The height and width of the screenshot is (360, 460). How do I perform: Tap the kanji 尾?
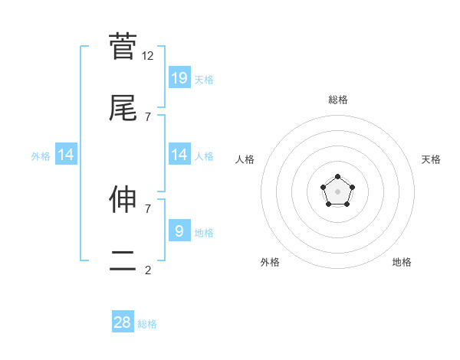[x=123, y=108]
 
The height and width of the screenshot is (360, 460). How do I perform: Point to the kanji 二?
[x=123, y=263]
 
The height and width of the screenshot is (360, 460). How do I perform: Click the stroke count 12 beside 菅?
[x=148, y=55]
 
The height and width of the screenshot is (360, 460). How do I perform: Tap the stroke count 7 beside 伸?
[x=148, y=208]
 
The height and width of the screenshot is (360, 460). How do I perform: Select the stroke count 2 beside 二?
[x=148, y=270]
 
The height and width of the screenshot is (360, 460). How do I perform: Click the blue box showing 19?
[x=179, y=77]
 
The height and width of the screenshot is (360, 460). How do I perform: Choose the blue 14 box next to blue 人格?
[x=179, y=155]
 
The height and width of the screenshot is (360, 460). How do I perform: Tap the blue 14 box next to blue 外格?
[x=66, y=155]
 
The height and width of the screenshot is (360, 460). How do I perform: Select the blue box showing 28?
[x=123, y=322]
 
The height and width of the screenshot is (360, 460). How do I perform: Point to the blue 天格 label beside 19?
[x=204, y=80]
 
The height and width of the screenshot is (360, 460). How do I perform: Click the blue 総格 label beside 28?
[x=147, y=324]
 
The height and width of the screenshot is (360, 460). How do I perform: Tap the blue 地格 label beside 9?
[x=204, y=233]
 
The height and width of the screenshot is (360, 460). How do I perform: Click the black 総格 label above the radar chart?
[x=337, y=100]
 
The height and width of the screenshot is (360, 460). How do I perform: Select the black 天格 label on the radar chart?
[x=431, y=159]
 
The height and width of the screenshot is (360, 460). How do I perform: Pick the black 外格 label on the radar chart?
[x=270, y=262]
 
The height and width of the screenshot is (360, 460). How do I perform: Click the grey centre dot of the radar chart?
[x=337, y=191]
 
